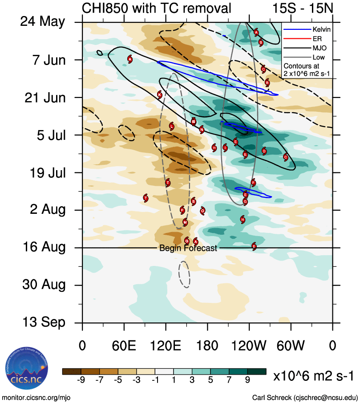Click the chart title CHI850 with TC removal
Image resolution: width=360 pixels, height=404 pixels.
[157, 8]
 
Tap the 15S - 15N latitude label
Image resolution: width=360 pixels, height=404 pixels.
[301, 8]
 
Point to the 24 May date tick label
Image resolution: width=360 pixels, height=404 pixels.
[43, 22]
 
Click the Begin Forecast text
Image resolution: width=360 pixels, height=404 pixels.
[188, 248]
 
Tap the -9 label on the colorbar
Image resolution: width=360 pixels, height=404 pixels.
[81, 380]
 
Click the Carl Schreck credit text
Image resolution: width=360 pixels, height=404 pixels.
[305, 397]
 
